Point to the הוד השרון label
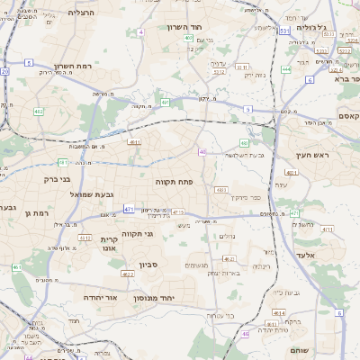click(187, 27)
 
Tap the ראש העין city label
click(311, 157)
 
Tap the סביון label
click(148, 265)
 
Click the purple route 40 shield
click(202, 152)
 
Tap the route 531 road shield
click(284, 31)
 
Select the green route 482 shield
click(244, 142)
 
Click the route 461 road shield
click(17, 267)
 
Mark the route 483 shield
click(220, 190)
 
